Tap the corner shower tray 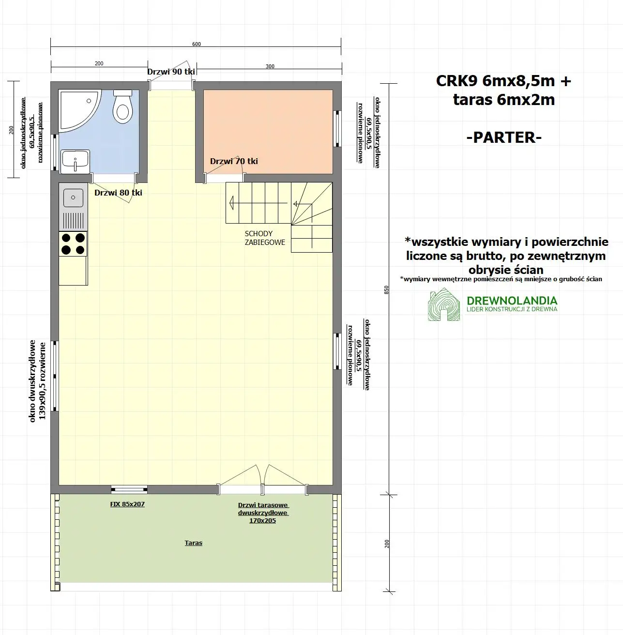click(78, 110)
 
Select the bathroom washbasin click(75, 160)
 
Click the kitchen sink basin click(74, 197)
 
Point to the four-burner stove click(73, 244)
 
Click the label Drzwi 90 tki click(171, 72)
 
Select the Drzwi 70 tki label click(234, 161)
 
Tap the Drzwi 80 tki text click(118, 193)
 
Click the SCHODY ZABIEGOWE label click(265, 238)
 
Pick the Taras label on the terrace click(193, 543)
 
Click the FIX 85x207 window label click(127, 504)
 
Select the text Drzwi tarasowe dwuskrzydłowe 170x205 click(263, 513)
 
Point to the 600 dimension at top click(196, 44)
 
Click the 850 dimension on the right click(386, 289)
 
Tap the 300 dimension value click(270, 66)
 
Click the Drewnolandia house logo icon click(443, 305)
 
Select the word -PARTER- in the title click(503, 137)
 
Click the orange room click(268, 131)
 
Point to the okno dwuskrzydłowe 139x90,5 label click(37, 381)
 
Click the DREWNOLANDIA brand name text click(512, 301)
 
